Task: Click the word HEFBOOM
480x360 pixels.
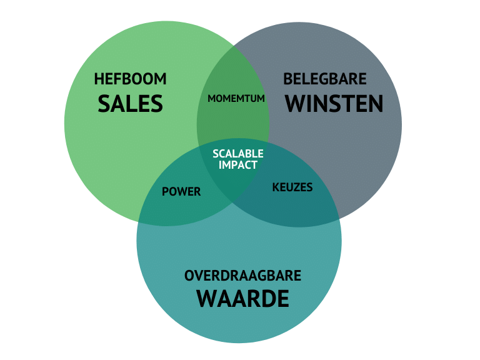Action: pos(130,79)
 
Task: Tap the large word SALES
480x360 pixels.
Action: pos(130,103)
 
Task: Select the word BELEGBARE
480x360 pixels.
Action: pos(324,79)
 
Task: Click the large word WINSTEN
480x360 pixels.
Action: pos(334,103)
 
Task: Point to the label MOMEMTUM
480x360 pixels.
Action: pos(236,99)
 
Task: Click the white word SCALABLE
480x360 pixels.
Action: pos(237,154)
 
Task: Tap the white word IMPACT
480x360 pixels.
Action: pos(237,165)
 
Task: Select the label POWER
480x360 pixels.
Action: pos(181,192)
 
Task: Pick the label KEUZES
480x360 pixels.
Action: pos(292,187)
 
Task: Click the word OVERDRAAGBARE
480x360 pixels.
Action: pos(242,276)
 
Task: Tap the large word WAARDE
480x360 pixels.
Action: pos(242,299)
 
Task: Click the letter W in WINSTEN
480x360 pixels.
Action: pos(296,103)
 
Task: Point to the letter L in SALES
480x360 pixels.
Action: pos(129,103)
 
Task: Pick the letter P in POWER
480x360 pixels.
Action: pos(166,192)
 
